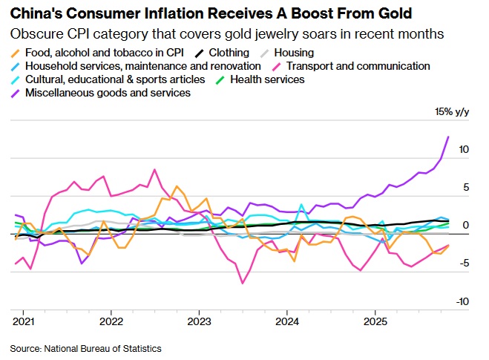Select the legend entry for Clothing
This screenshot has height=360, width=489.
(x=229, y=53)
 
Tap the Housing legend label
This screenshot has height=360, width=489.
(x=293, y=53)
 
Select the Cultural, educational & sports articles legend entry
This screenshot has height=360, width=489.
(x=115, y=79)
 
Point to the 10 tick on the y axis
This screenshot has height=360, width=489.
(x=464, y=149)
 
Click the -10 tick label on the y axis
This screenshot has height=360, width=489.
(x=462, y=301)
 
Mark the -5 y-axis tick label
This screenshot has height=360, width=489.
(x=463, y=263)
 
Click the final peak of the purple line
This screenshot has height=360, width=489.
(x=448, y=137)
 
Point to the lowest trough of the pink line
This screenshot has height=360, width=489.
(x=242, y=283)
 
